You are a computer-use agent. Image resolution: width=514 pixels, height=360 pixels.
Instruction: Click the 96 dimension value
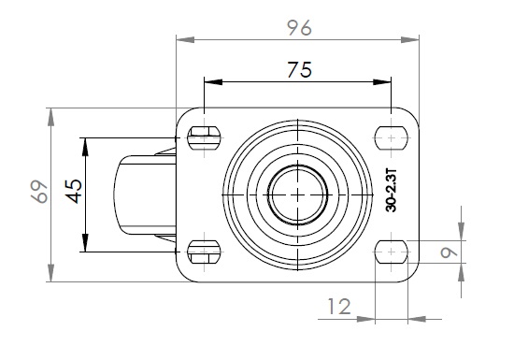click(299, 28)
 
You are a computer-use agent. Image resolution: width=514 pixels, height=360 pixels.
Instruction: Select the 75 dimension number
click(299, 70)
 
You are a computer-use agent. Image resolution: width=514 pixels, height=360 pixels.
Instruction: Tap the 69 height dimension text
click(39, 192)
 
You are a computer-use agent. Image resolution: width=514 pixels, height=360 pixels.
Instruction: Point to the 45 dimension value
click(74, 192)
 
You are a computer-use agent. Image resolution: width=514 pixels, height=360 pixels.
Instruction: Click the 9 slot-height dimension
click(449, 252)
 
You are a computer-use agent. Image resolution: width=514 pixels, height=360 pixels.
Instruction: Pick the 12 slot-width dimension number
click(339, 307)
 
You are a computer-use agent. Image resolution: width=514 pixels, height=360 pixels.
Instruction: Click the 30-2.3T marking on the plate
click(391, 191)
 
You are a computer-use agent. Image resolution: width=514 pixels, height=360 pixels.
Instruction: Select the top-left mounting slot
click(204, 137)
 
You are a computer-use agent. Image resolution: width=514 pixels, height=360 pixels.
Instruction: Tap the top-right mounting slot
click(391, 137)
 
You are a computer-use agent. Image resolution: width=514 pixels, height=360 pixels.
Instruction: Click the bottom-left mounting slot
click(204, 252)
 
